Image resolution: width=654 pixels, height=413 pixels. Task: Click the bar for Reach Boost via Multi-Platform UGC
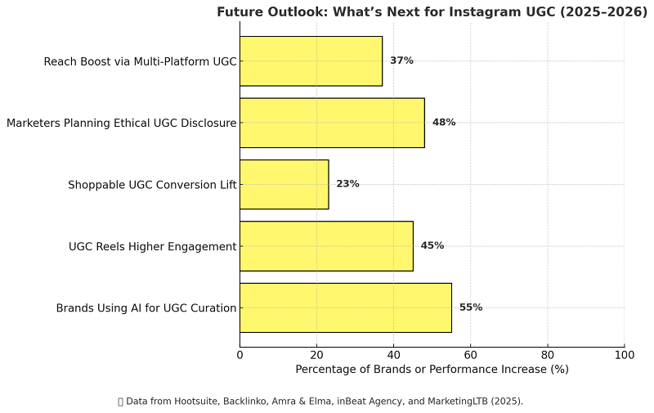311,61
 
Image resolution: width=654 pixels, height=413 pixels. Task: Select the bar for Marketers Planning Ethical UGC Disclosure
332,123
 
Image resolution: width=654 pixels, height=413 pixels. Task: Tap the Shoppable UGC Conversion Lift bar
284,184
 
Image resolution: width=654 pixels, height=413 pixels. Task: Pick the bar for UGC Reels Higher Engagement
326,246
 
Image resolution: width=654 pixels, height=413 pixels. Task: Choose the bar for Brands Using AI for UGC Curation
345,308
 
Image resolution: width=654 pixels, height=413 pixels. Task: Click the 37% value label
401,61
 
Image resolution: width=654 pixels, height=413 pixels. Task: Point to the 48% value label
444,123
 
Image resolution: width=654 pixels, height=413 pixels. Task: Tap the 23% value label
347,184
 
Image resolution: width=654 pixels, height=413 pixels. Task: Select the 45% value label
432,245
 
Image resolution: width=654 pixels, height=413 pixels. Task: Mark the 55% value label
471,308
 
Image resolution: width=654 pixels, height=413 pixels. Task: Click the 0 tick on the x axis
240,355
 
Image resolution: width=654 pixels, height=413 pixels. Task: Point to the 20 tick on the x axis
316,355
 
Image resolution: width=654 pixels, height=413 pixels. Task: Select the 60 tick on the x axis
471,355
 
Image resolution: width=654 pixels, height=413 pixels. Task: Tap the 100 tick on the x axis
625,355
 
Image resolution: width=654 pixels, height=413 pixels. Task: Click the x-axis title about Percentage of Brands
432,370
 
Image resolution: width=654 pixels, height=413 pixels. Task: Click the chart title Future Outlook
432,11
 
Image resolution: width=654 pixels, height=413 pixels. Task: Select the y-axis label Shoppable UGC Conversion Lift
152,185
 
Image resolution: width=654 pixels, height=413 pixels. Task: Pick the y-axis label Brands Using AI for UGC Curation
146,308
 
